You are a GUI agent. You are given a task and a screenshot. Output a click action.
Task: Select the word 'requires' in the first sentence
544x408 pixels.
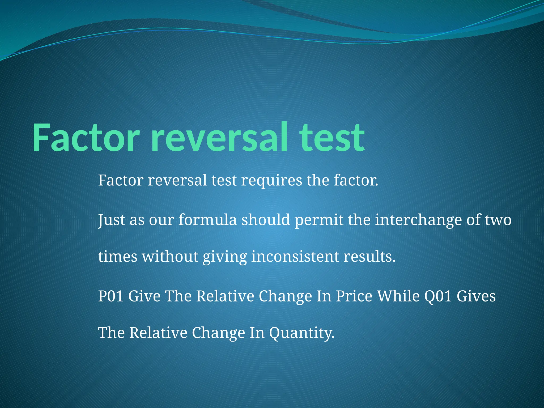point(271,180)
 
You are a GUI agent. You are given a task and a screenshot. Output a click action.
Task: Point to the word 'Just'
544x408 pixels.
point(111,220)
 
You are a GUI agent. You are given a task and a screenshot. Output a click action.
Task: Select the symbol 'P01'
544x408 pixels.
point(111,296)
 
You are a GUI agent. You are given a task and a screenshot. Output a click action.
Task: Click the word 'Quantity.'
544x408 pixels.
point(302,333)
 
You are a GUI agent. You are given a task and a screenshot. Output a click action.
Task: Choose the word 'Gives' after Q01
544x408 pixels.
point(476,296)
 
